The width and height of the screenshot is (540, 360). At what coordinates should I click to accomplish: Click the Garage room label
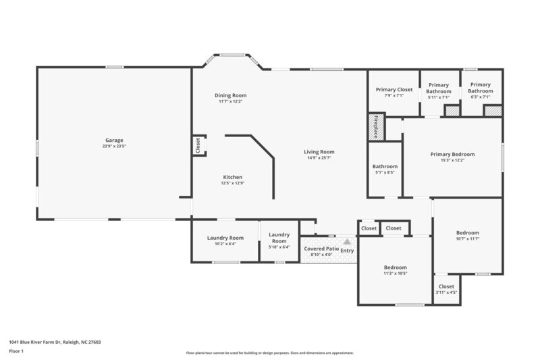[113, 140]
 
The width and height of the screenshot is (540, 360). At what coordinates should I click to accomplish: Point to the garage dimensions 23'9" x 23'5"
[113, 147]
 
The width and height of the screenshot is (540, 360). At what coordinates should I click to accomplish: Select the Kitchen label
[232, 177]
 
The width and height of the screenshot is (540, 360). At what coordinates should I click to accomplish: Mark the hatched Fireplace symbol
[375, 126]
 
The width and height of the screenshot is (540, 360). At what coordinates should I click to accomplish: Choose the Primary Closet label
[394, 89]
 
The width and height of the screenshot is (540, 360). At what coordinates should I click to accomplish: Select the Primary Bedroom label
[452, 154]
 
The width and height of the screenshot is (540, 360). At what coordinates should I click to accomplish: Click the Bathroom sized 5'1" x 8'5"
[385, 166]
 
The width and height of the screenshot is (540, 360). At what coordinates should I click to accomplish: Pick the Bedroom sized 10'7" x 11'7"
[467, 233]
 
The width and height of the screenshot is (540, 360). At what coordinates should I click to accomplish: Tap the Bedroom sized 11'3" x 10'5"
[395, 267]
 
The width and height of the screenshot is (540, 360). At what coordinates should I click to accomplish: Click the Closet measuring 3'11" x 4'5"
[446, 287]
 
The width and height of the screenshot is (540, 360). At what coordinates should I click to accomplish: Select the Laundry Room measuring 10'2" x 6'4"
[225, 238]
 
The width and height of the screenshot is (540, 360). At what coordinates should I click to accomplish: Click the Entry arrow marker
[347, 241]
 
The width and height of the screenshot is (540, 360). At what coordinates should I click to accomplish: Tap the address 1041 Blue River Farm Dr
[55, 342]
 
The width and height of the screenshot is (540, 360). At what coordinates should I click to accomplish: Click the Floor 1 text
[16, 352]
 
